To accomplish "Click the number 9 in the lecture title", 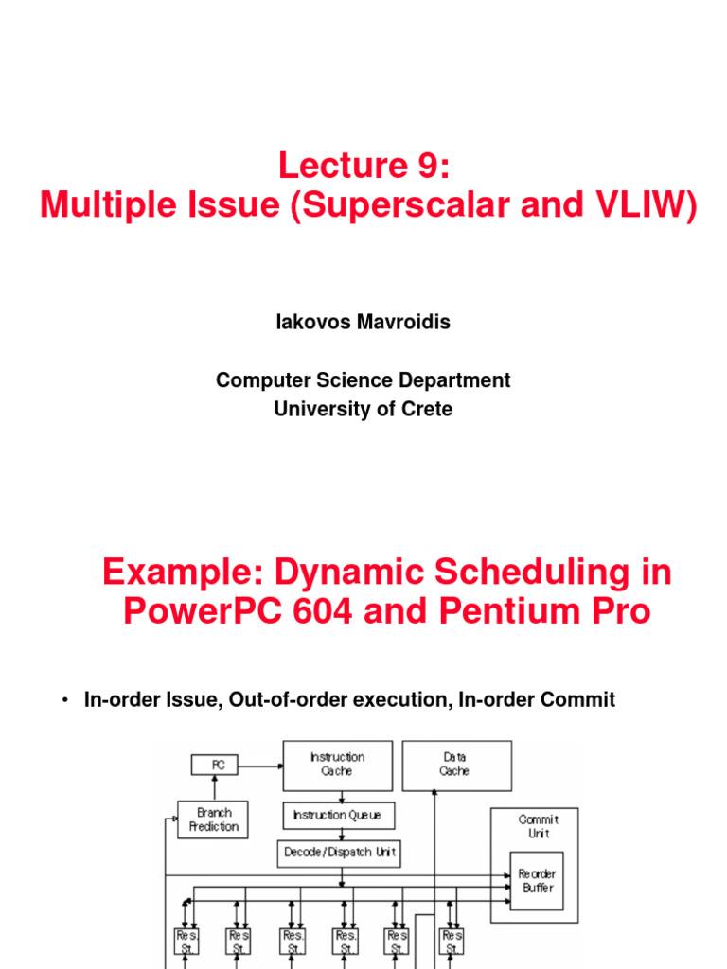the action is tap(427, 167).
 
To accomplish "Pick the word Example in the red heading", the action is tap(178, 573).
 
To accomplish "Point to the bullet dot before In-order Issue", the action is tap(64, 700).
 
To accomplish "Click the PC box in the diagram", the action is tap(215, 764).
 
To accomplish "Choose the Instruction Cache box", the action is tap(338, 764).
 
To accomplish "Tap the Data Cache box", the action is tap(456, 764).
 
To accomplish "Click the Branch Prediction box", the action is tap(214, 819).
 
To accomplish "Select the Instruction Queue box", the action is tap(338, 816).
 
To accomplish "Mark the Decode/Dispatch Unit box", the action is tap(338, 853).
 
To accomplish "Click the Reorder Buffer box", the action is tap(538, 881).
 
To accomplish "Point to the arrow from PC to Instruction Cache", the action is tap(261, 764).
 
